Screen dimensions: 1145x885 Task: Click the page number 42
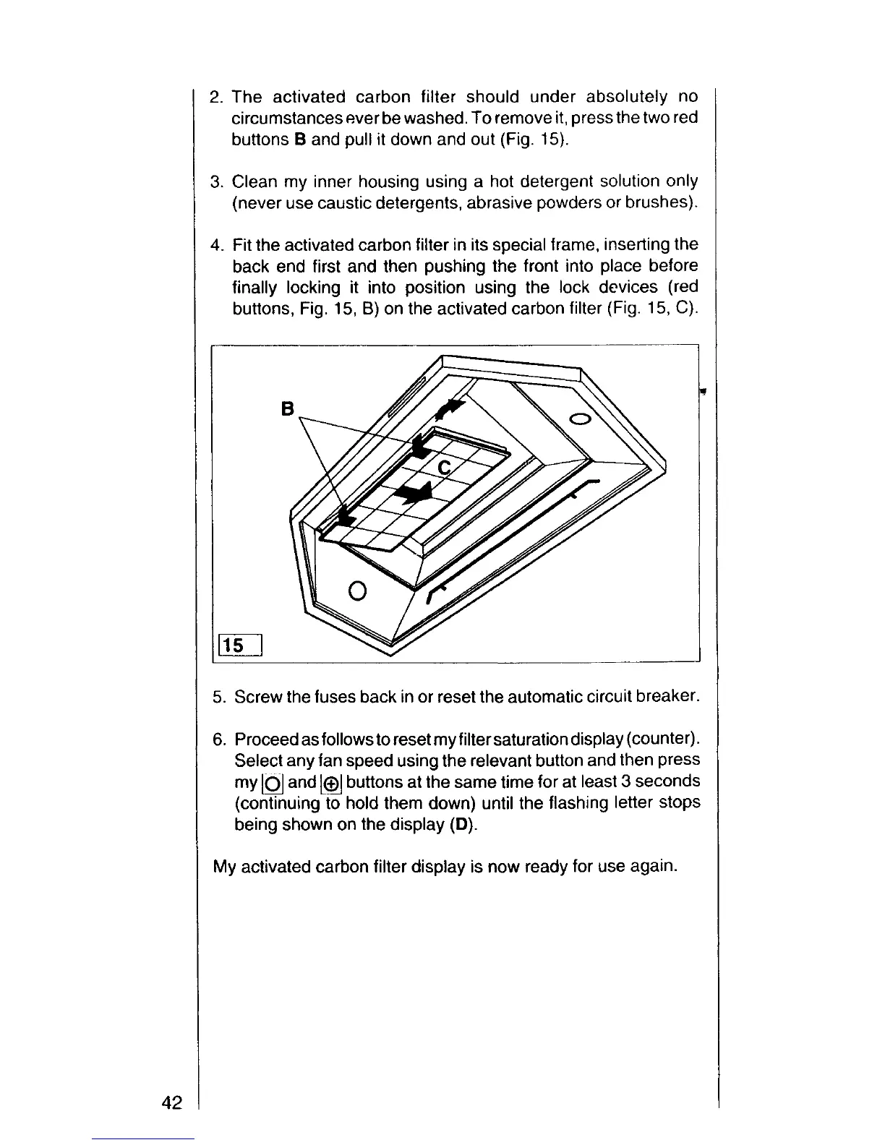(171, 1102)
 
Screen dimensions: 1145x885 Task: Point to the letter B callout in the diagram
(288, 410)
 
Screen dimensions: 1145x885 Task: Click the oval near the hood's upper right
(581, 419)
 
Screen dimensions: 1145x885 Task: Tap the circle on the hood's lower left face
(357, 591)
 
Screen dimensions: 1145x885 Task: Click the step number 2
(215, 97)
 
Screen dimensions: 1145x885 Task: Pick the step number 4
(215, 245)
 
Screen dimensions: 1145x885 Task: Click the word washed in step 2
(424, 118)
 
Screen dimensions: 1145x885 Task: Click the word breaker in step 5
(667, 697)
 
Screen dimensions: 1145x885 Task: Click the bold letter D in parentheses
(466, 825)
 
